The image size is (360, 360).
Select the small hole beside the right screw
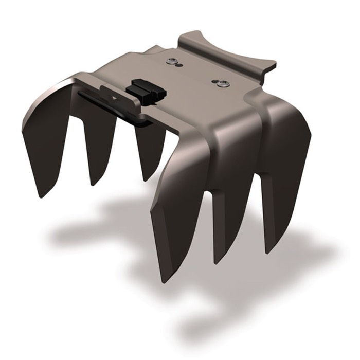click(215, 81)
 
